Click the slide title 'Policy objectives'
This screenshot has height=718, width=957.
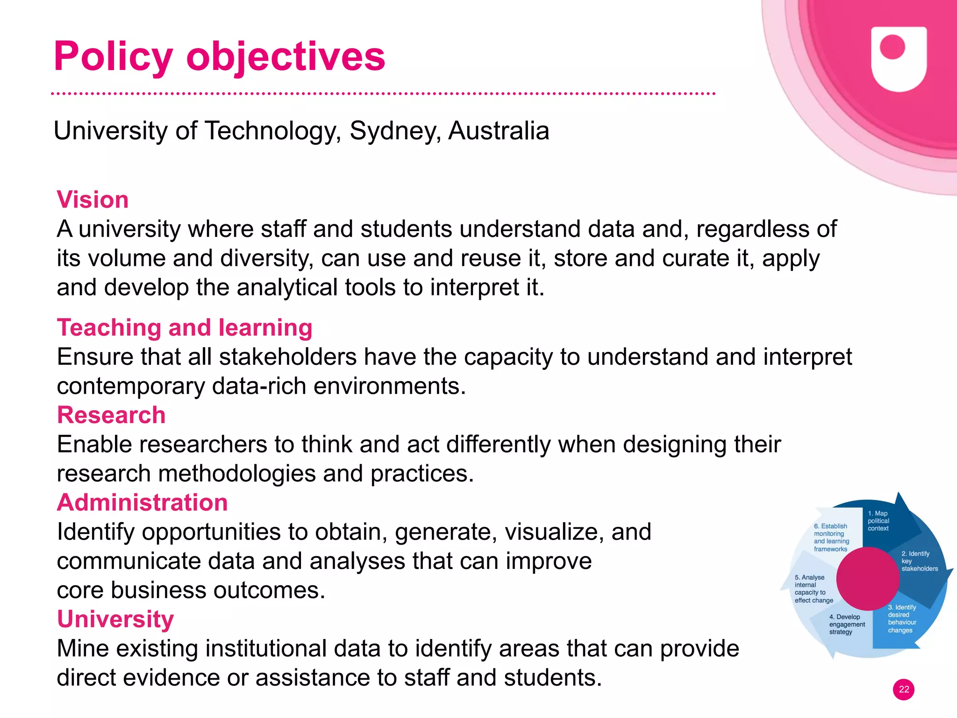tap(219, 57)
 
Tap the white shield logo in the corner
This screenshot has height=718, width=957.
tap(899, 58)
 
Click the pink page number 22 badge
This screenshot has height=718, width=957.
tap(904, 690)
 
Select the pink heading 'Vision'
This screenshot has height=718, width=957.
tap(93, 200)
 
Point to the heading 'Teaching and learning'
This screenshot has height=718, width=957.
tap(185, 327)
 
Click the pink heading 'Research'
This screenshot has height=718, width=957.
tap(111, 415)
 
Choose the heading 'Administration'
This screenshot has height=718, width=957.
tap(142, 503)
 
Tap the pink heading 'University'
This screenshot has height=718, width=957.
tap(115, 619)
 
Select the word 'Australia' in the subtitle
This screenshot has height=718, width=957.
tap(499, 131)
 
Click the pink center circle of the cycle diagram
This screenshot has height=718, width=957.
tap(868, 578)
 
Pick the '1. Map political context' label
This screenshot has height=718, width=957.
tap(878, 521)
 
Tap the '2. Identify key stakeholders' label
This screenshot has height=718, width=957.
tap(919, 561)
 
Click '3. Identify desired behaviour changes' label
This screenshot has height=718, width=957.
tap(902, 618)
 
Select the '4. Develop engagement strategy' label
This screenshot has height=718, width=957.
tap(847, 624)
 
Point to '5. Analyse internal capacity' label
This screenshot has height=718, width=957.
tap(814, 589)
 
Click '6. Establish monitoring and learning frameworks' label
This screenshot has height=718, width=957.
tap(831, 538)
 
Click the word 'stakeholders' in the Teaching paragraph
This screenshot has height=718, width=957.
tap(288, 357)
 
